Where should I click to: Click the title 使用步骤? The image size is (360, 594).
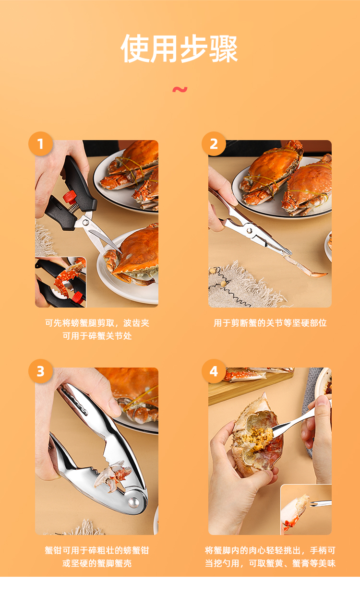tap(180, 48)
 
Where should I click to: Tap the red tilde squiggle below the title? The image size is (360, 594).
tap(180, 90)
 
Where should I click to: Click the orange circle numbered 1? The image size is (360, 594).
tap(41, 144)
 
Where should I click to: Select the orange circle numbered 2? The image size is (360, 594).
tap(214, 144)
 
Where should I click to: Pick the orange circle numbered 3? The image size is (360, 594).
tap(41, 371)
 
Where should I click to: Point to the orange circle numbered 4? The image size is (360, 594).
tap(214, 371)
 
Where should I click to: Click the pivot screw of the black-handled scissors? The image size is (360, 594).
tap(85, 223)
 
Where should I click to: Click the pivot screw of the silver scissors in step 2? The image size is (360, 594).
tap(250, 231)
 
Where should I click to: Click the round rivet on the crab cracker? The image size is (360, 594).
tap(133, 502)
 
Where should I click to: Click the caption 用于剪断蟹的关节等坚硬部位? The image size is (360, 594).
tap(270, 323)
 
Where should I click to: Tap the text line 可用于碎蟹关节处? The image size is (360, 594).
tap(97, 336)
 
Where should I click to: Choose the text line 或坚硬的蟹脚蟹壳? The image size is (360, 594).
tap(97, 563)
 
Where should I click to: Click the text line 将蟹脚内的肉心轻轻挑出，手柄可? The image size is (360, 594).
tap(270, 550)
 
